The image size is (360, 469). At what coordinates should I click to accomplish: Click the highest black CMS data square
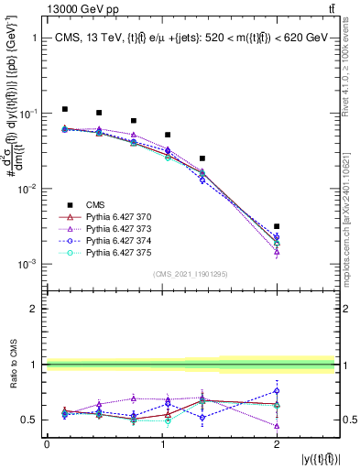tap(64, 109)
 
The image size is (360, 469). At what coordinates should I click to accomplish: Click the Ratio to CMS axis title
tap(12, 365)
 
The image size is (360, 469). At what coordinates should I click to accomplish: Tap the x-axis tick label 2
tap(277, 443)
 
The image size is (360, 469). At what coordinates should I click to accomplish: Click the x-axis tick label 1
tap(161, 443)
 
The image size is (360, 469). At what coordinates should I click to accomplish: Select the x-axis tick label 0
tap(47, 443)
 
